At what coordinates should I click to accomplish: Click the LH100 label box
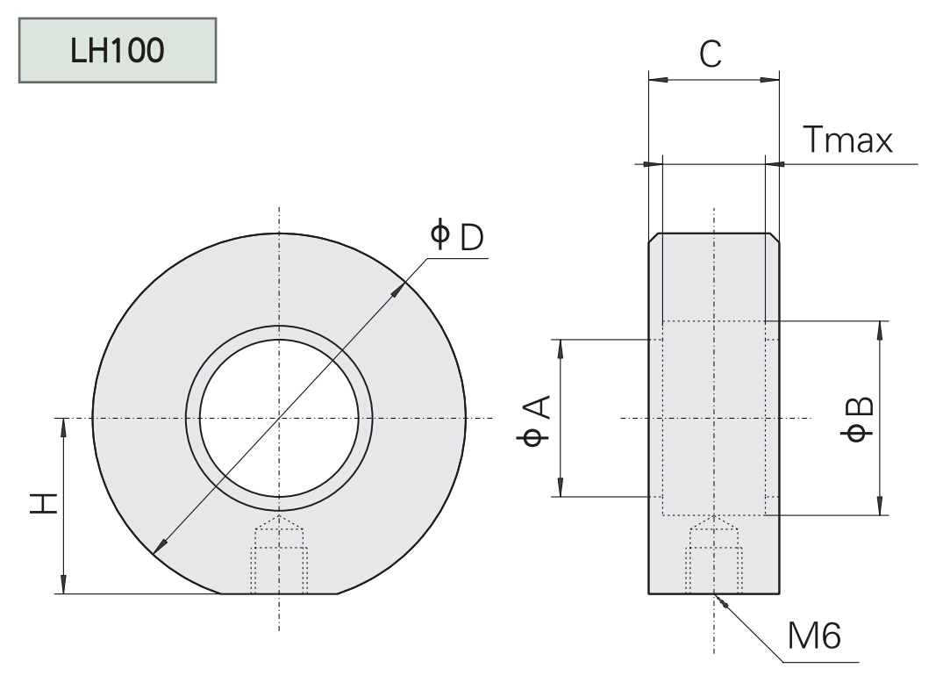[118, 51]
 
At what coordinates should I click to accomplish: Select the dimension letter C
[711, 54]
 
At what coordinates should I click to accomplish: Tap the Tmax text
[847, 140]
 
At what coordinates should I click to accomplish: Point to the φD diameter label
[457, 235]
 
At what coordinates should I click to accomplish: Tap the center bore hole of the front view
[279, 418]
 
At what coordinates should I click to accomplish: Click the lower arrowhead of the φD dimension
[159, 549]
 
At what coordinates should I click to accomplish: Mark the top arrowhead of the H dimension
[63, 427]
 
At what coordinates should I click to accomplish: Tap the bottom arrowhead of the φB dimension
[879, 507]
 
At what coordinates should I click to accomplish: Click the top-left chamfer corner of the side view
[654, 238]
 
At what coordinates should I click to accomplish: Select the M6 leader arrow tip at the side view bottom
[718, 599]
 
